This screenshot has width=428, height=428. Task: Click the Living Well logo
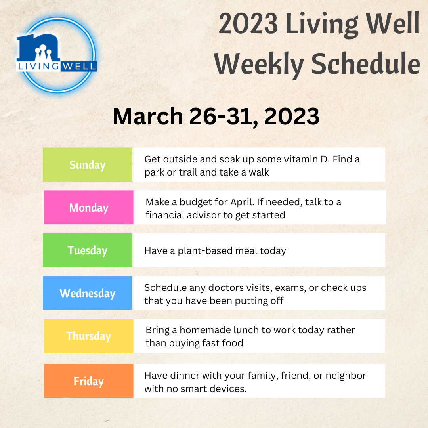coord(57,55)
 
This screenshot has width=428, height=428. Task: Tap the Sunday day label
coord(88,164)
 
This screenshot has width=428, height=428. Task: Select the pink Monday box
coord(89,207)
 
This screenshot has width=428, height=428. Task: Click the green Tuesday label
coord(88,250)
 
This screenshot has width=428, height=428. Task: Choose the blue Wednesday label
coord(88,293)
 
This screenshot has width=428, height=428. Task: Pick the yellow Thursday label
coord(89,336)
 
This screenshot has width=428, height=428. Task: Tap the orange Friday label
coord(89,381)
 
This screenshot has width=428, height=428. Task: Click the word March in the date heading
coord(148,116)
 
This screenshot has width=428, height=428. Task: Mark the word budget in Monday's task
coord(195,202)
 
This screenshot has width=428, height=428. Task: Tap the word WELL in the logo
coord(78,66)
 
